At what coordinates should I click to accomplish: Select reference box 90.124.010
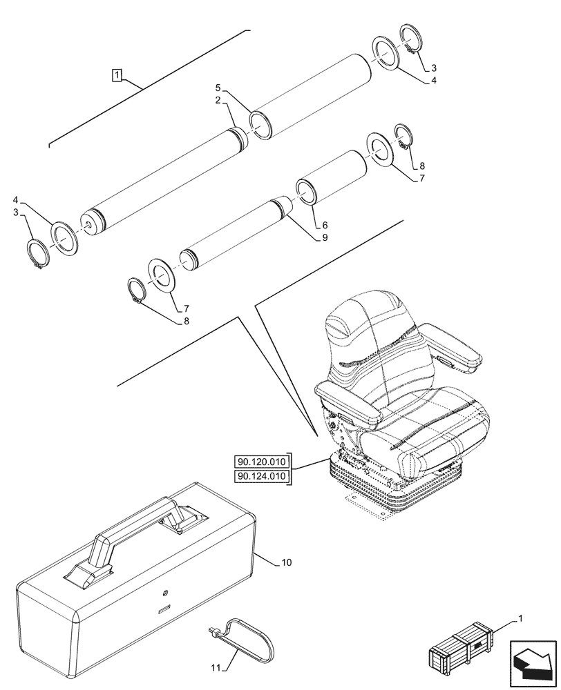click(263, 476)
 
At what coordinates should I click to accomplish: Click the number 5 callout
click(218, 88)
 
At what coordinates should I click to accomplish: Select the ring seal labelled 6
click(307, 193)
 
